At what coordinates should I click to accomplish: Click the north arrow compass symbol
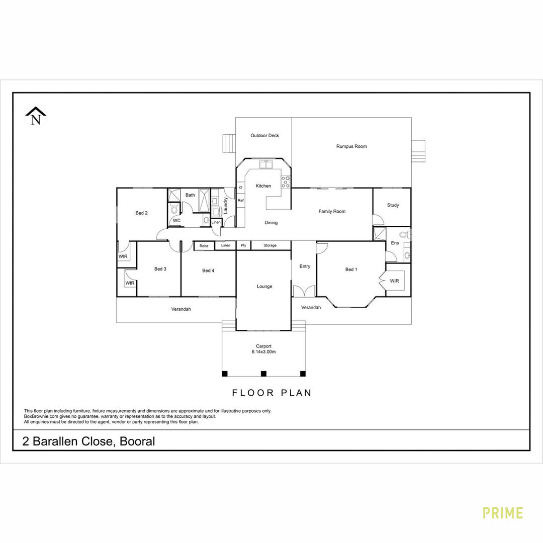(x=36, y=116)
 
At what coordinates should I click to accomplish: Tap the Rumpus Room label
(x=351, y=146)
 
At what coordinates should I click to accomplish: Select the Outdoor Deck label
(x=264, y=135)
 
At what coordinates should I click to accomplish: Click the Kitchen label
(x=263, y=186)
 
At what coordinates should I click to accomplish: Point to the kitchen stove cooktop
(x=286, y=182)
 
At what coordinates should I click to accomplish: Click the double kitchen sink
(x=266, y=164)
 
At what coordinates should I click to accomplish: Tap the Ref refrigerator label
(x=241, y=201)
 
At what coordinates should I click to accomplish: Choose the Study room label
(x=393, y=205)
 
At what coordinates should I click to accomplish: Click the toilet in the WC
(x=174, y=209)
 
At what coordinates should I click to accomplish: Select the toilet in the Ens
(x=405, y=234)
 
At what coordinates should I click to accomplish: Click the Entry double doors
(x=304, y=291)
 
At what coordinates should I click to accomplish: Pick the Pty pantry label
(x=243, y=245)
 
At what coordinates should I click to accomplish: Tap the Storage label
(x=270, y=245)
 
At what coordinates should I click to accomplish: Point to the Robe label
(x=204, y=246)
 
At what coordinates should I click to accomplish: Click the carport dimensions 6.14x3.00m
(x=263, y=352)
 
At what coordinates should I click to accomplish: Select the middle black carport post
(x=263, y=374)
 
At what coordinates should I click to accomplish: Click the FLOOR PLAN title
(x=271, y=393)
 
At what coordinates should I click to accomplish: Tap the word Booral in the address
(x=137, y=441)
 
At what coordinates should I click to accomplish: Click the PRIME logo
(x=502, y=513)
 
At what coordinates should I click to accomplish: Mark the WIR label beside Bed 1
(x=395, y=281)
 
